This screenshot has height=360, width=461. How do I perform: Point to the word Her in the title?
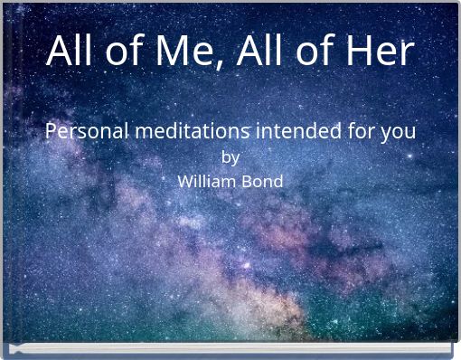[377, 51]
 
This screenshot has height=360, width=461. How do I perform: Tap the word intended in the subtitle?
[297, 131]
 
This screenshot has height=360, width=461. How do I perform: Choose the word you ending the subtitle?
[398, 133]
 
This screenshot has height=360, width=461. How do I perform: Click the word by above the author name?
[230, 157]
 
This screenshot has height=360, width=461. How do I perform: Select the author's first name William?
[204, 181]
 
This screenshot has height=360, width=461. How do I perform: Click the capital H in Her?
[355, 51]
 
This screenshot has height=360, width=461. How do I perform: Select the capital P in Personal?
[52, 131]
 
